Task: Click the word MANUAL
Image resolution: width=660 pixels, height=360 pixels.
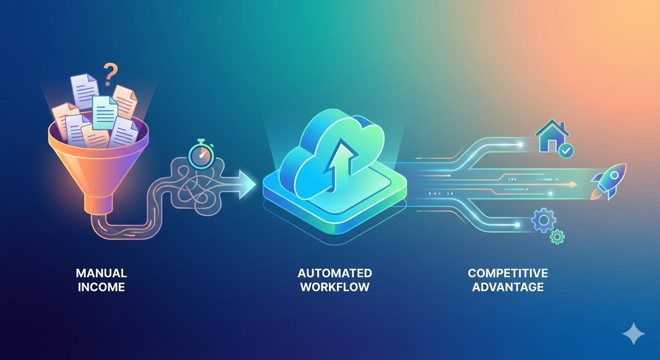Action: tap(101, 273)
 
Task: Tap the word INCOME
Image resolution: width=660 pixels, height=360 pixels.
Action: tap(101, 287)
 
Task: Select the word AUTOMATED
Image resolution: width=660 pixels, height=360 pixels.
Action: tap(335, 273)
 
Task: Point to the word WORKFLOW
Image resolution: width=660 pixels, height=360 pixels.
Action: tap(335, 287)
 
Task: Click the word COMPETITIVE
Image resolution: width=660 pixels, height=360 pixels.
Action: tap(508, 273)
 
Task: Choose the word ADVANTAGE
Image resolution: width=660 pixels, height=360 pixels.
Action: tap(508, 287)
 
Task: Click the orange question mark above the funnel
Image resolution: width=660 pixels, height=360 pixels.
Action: tap(111, 74)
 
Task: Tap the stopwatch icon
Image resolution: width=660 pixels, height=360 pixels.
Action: tap(201, 156)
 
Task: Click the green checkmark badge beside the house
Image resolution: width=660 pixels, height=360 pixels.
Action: tap(566, 150)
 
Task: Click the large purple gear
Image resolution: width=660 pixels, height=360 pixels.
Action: tap(543, 220)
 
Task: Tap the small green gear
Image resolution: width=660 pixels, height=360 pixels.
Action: tap(557, 236)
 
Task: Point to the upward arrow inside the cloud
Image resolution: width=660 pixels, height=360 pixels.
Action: tap(336, 162)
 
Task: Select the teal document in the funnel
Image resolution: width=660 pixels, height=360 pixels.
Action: tap(105, 112)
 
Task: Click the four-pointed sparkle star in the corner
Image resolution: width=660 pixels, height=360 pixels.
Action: tap(633, 334)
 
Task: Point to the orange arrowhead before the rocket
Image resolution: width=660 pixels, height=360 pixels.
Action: tap(573, 185)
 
